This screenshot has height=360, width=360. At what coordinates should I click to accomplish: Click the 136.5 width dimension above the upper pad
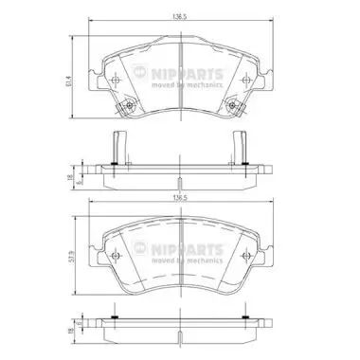click(x=177, y=15)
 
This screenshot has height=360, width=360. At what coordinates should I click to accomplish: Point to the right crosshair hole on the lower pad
click(x=242, y=257)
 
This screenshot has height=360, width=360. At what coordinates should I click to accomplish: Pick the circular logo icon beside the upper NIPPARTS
click(x=143, y=73)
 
